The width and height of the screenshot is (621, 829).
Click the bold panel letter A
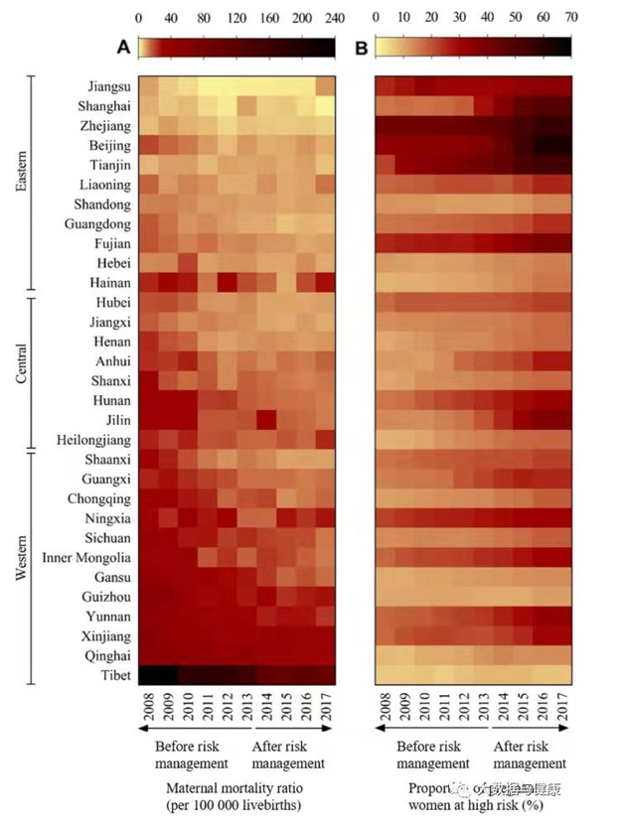pyautogui.click(x=124, y=47)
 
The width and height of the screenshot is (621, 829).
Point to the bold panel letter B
pyautogui.click(x=361, y=47)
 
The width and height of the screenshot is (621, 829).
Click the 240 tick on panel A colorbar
pyautogui.click(x=335, y=17)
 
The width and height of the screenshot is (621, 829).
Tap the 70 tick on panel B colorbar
pyautogui.click(x=571, y=17)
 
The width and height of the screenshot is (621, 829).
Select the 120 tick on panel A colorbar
pyautogui.click(x=236, y=17)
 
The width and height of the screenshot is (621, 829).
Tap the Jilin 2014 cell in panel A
pyautogui.click(x=266, y=420)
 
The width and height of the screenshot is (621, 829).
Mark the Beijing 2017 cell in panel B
pyautogui.click(x=562, y=145)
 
